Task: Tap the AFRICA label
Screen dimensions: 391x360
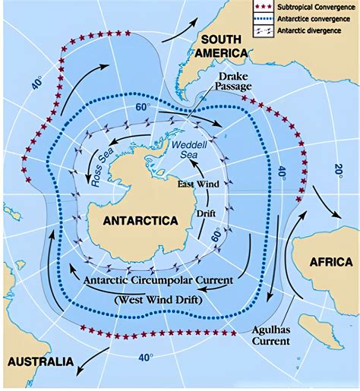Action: [x=330, y=262]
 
